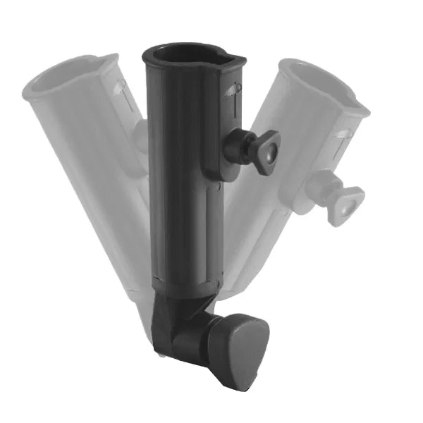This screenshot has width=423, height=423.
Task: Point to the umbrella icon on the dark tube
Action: pyautogui.click(x=235, y=92)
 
